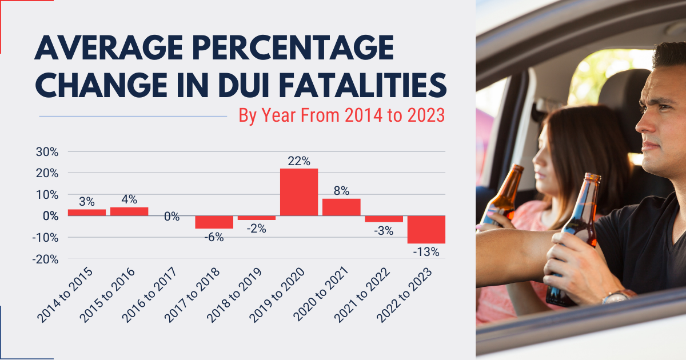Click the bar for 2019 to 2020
tap(299, 192)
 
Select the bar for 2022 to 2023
tap(426, 229)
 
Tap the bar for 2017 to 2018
tap(214, 222)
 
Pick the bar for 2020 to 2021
tap(341, 207)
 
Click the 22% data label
tap(299, 161)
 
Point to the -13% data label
tap(427, 251)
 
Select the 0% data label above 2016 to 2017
tap(171, 217)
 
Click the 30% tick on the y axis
tap(47, 152)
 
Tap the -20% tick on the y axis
tap(46, 259)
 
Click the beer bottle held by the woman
tap(503, 194)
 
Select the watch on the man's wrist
tap(618, 296)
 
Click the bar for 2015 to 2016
tap(129, 211)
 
